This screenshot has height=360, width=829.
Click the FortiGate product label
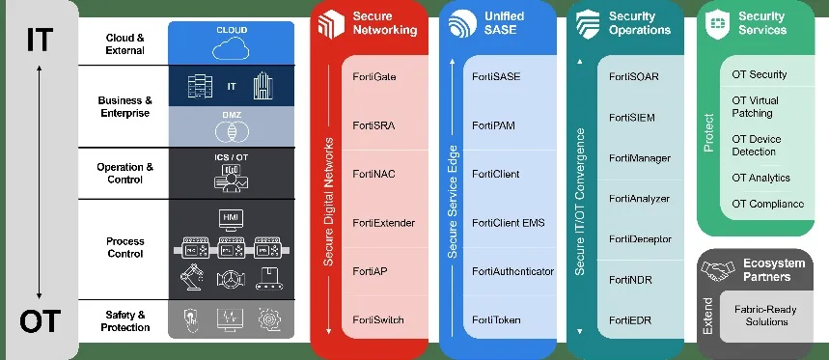(374, 76)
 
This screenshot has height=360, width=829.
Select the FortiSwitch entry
(378, 319)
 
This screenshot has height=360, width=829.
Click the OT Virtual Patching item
(756, 106)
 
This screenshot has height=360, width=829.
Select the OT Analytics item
(760, 178)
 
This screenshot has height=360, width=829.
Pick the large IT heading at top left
(40, 42)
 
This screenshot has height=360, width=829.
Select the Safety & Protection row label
(126, 320)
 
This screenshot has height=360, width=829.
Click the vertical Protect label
(709, 134)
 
